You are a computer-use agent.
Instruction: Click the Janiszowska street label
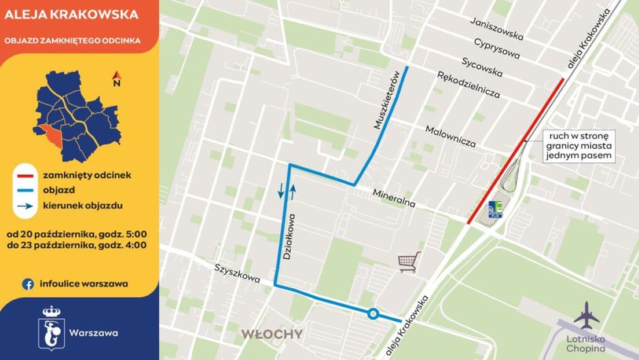pyautogui.click(x=497, y=29)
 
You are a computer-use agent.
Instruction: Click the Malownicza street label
pyautogui.click(x=450, y=135)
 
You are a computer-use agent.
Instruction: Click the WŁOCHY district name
pyautogui.click(x=271, y=334)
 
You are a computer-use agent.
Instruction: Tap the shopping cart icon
pyautogui.click(x=409, y=262)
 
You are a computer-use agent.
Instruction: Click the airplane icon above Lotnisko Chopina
pyautogui.click(x=586, y=316)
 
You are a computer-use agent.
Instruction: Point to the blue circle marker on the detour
pyautogui.click(x=373, y=314)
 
